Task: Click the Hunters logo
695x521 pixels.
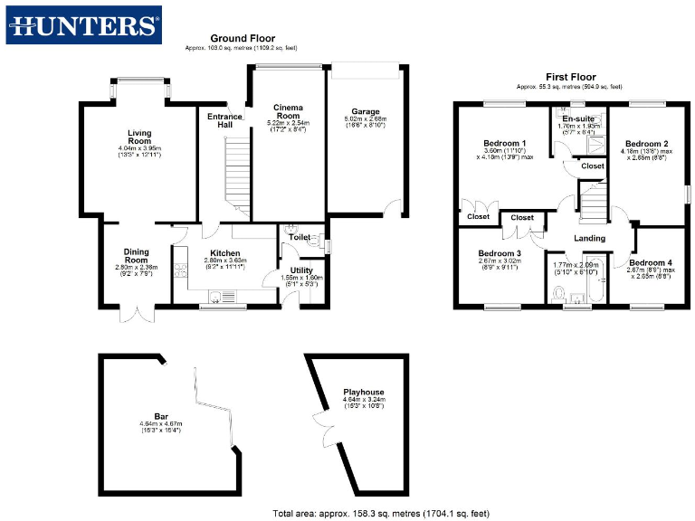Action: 84,25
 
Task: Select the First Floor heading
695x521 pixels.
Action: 569,77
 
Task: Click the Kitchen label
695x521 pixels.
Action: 225,253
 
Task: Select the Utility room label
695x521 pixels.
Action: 301,270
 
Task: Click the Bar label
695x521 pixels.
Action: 162,416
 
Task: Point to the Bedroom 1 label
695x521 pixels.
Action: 504,143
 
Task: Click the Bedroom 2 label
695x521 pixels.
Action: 647,143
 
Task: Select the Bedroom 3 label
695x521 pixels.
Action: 500,252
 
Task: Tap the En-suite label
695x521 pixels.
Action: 578,119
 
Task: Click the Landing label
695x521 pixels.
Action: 590,238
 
